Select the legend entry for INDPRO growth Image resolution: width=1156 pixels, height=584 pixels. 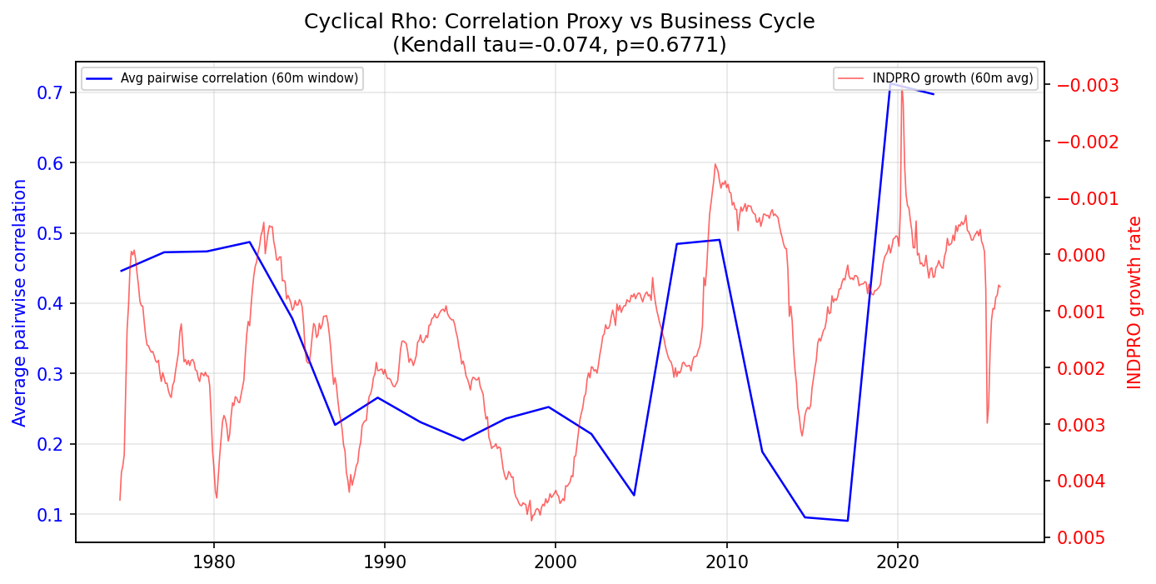(952, 78)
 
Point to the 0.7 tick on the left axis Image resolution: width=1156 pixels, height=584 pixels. (50, 92)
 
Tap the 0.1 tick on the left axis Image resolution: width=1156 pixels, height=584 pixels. (50, 514)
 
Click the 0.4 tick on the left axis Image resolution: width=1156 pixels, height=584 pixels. (50, 303)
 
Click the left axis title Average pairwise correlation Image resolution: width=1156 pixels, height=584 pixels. (20, 302)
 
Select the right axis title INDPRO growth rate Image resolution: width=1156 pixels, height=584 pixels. (1134, 302)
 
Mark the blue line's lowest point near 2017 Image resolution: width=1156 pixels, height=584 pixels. (847, 521)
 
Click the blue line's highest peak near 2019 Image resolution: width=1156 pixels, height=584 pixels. (890, 83)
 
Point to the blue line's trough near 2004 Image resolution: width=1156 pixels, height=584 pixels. (634, 496)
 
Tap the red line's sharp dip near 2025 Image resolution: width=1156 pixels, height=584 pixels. (987, 422)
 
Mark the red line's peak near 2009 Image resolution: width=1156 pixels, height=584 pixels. (715, 163)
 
